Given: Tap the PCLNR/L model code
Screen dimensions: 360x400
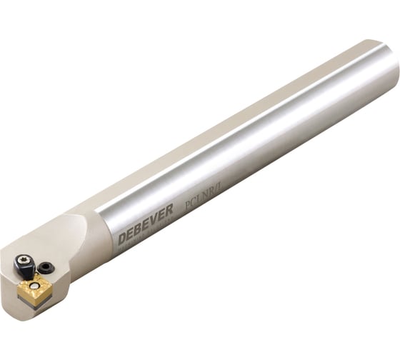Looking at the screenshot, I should [x=201, y=201].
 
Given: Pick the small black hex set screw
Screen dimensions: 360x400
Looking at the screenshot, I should [x=47, y=267].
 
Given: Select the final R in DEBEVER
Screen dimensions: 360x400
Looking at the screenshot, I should [x=169, y=211].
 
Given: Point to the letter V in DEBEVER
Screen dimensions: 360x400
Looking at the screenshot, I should [x=152, y=219].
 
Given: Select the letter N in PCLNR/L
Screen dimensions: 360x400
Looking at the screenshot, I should [x=200, y=201].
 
